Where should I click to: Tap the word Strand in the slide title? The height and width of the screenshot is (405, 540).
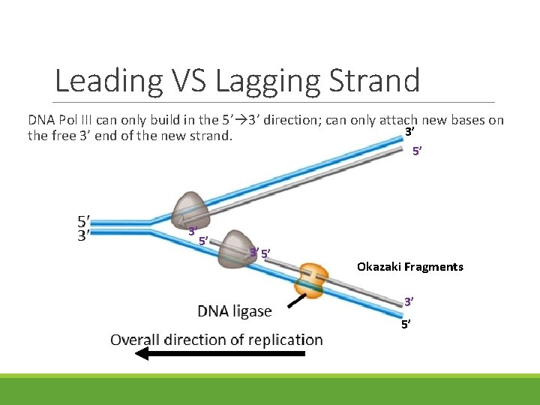(377, 80)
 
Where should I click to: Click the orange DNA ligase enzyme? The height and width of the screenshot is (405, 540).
(311, 278)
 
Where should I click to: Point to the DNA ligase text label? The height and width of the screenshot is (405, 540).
(234, 310)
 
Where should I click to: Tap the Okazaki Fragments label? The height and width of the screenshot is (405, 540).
(409, 267)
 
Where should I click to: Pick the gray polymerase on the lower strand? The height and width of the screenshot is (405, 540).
(239, 248)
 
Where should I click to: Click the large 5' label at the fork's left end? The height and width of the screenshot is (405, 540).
(85, 221)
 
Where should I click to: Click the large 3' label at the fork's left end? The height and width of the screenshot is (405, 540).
(85, 235)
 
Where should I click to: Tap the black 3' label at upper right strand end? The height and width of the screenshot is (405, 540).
(410, 132)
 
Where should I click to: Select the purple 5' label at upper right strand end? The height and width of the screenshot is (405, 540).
(417, 151)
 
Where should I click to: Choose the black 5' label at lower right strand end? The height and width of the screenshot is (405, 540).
(406, 325)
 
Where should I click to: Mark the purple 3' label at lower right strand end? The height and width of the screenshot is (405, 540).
(409, 302)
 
